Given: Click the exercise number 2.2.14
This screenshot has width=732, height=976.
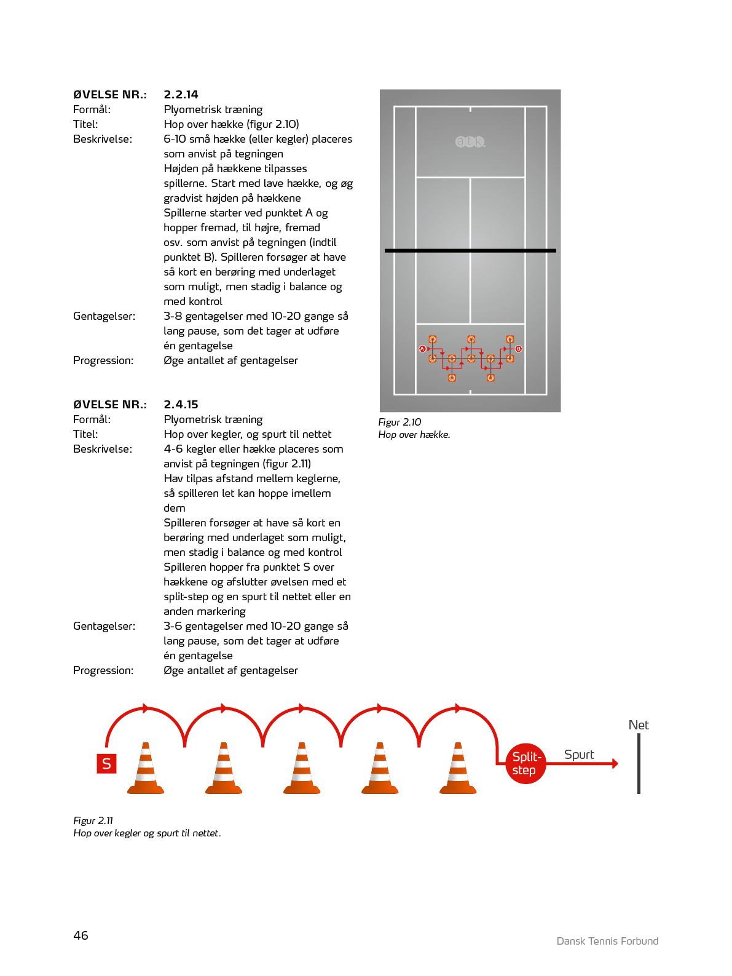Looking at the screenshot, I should (181, 95).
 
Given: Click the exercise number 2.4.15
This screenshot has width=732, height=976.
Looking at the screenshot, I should (181, 405).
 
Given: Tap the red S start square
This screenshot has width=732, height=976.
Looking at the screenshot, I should (106, 764).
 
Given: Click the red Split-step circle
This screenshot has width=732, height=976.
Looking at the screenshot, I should (525, 764).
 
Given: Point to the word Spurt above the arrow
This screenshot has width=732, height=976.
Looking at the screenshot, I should (579, 755).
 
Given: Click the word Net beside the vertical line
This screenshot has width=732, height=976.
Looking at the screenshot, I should (639, 725).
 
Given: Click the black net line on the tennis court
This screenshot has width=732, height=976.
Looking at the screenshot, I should (470, 251).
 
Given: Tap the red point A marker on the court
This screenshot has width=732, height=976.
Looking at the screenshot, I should (422, 349).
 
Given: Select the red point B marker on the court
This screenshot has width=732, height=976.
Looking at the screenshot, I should (519, 349).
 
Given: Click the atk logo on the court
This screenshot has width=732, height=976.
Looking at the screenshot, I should (470, 141).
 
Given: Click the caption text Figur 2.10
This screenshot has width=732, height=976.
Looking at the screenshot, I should (399, 422).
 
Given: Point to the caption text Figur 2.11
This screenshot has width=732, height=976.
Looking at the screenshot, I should (93, 820).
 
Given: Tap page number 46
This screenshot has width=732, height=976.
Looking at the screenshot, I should (81, 935).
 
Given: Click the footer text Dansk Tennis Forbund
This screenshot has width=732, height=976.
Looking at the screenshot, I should (607, 941).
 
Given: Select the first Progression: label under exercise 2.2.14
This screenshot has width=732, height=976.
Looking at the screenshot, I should (103, 360).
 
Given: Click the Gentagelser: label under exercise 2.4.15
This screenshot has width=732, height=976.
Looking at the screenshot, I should (104, 626).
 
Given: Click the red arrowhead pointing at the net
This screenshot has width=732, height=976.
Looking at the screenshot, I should (614, 764).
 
